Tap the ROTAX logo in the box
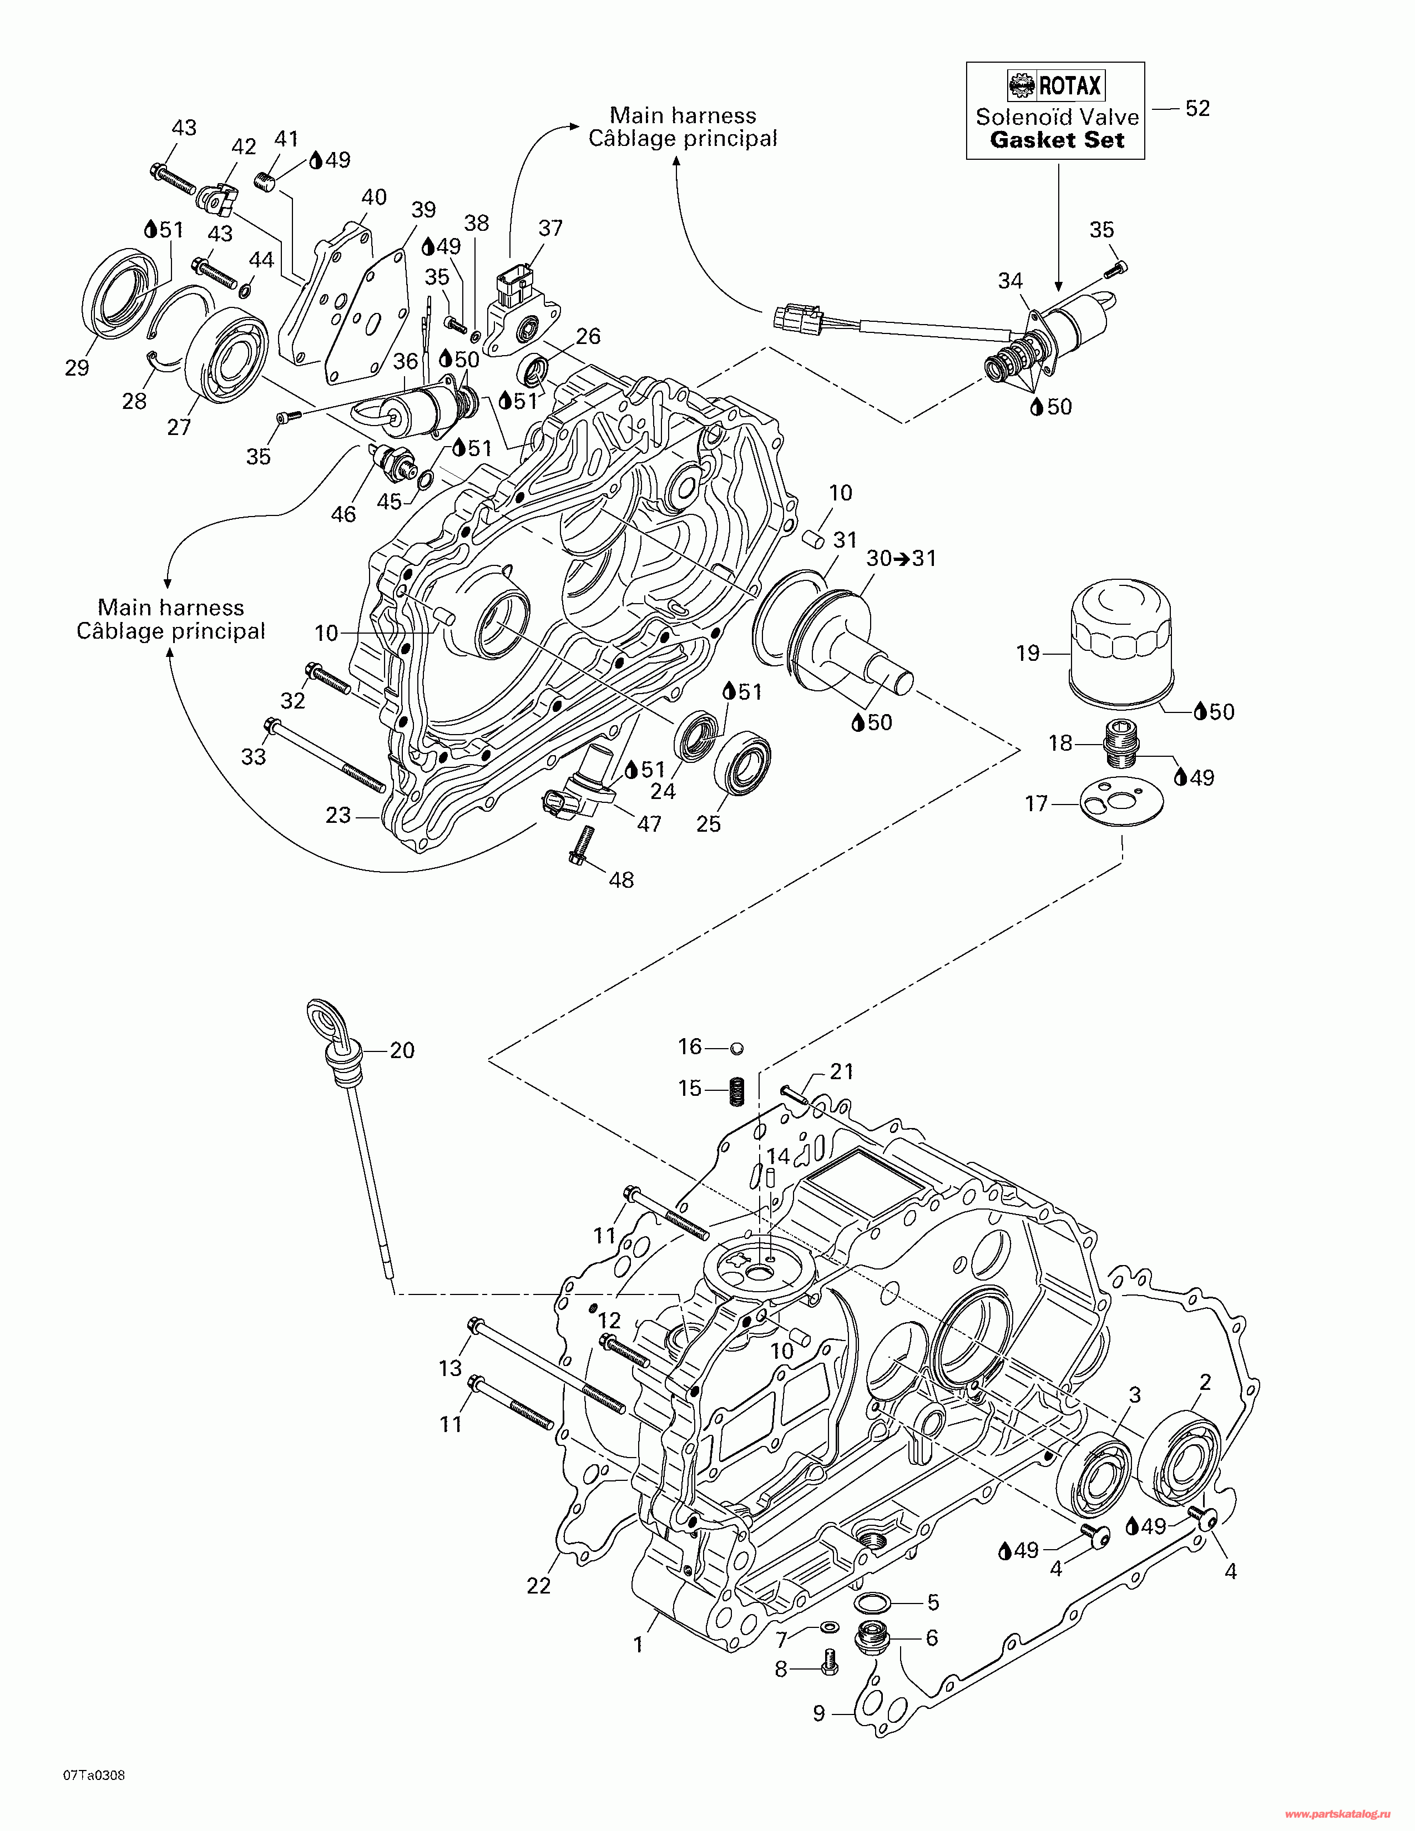tap(1055, 85)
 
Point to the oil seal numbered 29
tap(123, 294)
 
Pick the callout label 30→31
tap(901, 558)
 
